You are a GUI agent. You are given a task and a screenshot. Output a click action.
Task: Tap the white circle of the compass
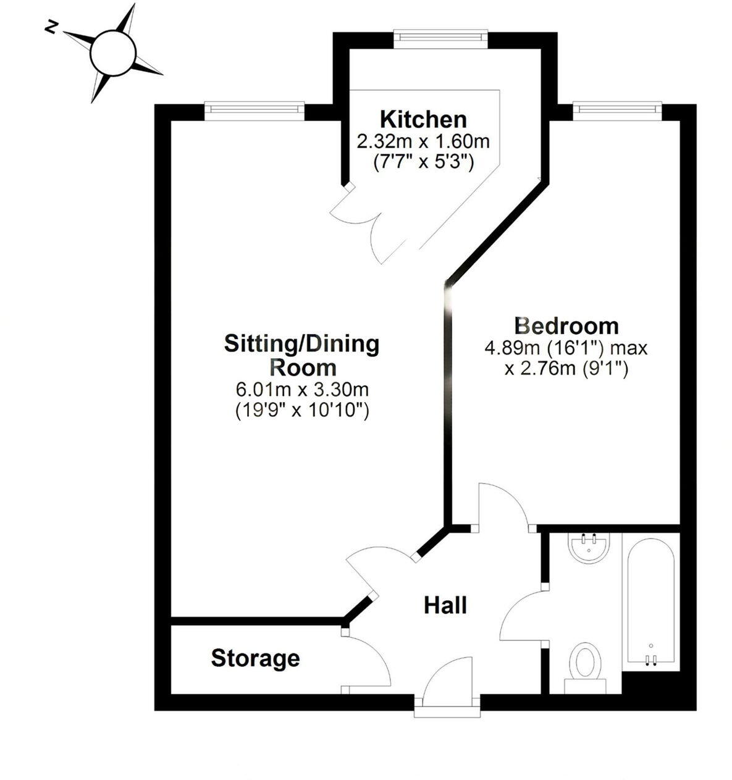[x=113, y=52]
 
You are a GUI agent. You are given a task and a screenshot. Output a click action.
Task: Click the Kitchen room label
[x=423, y=119]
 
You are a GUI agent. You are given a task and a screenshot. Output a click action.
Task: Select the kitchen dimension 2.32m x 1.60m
[x=423, y=141]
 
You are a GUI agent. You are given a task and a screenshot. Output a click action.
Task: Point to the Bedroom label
[x=566, y=325]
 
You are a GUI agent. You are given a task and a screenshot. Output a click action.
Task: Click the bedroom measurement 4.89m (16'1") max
[x=566, y=348]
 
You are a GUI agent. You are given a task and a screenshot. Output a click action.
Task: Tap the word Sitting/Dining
[x=301, y=343]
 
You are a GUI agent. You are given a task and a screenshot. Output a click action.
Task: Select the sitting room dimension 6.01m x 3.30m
[x=302, y=390]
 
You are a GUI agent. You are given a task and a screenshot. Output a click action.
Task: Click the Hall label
[x=445, y=605]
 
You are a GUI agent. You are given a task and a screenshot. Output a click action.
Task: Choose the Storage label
[x=255, y=658]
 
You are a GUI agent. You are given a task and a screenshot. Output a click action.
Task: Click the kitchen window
[x=441, y=38]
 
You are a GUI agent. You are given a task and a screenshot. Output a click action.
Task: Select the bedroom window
[x=617, y=109]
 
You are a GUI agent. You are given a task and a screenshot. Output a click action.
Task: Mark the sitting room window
[x=255, y=109]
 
